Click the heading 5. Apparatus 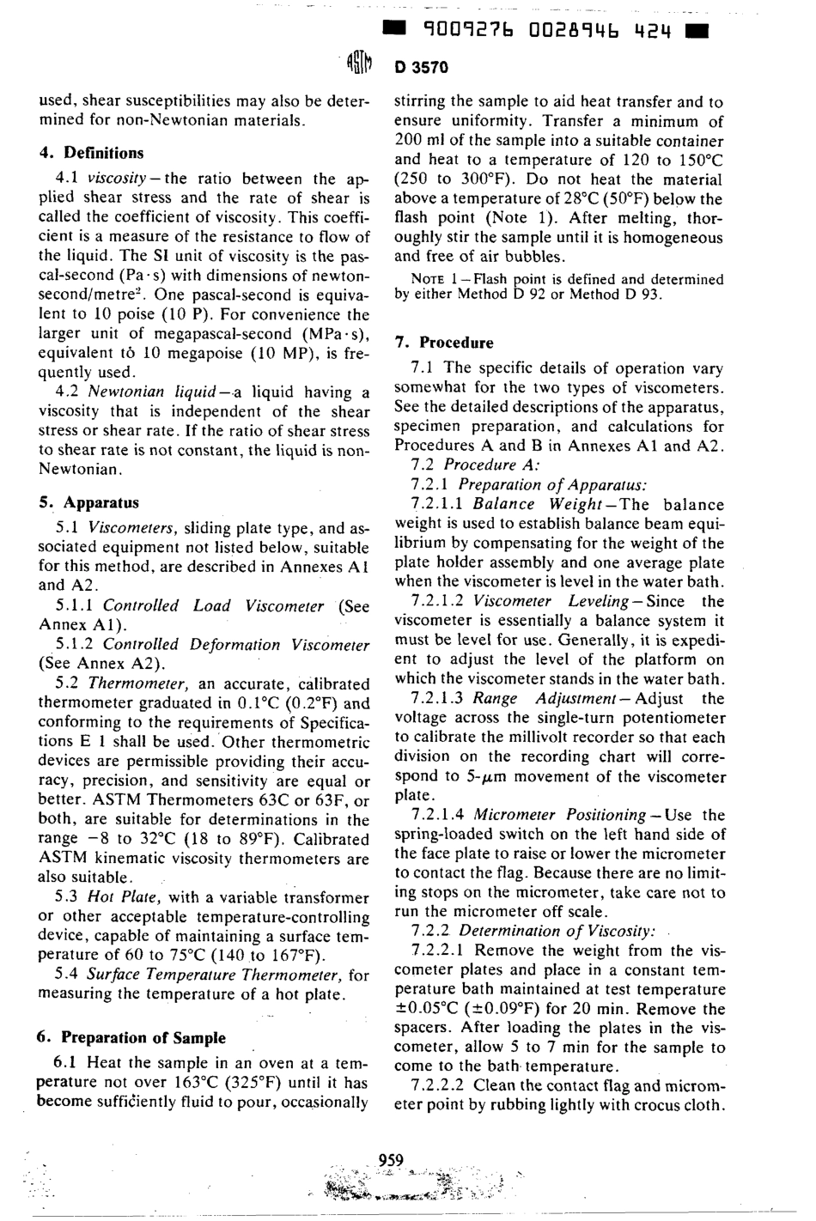click(88, 503)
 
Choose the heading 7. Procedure click(443, 343)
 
